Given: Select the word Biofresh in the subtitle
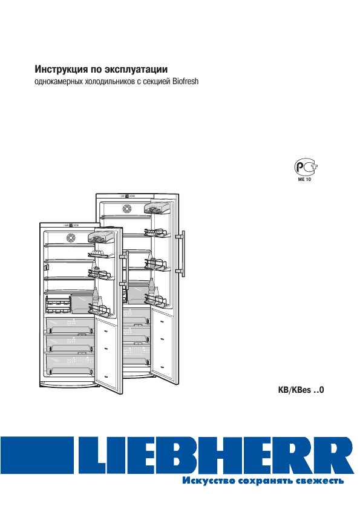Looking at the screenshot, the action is tap(185, 82).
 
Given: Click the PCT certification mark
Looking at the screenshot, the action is tap(306, 168).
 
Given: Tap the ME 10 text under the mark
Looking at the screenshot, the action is tap(304, 179).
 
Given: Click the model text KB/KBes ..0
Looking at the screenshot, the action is tap(301, 390).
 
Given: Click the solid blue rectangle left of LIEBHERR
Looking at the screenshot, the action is tap(37, 455).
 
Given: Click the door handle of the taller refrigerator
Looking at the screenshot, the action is tap(183, 254).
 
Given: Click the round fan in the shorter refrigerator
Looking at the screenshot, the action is tap(71, 238).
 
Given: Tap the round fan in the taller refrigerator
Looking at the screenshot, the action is tap(126, 208).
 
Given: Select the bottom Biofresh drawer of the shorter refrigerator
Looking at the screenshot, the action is tap(70, 364).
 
